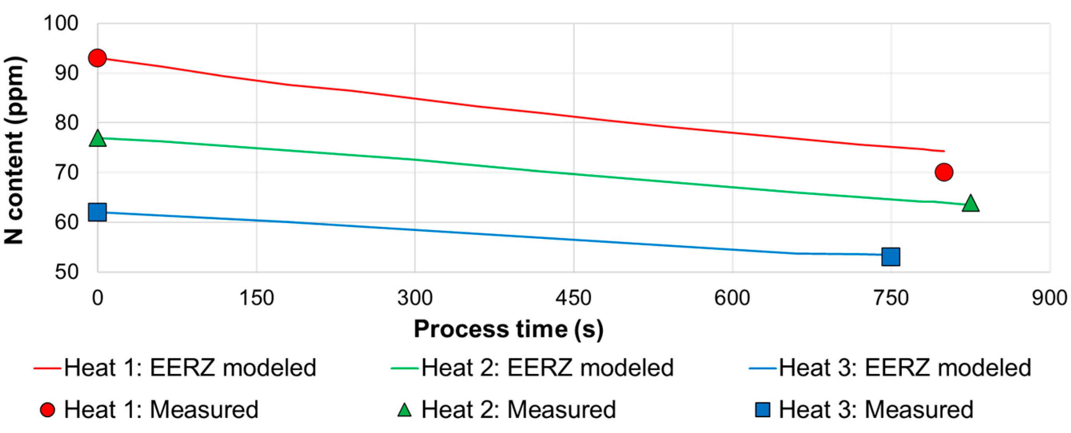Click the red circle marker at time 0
pyautogui.click(x=97, y=58)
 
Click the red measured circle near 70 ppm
pyautogui.click(x=944, y=172)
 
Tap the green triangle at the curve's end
pyautogui.click(x=970, y=204)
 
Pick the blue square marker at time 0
pyautogui.click(x=97, y=212)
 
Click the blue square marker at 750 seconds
pyautogui.click(x=891, y=257)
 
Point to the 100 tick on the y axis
pyautogui.click(x=61, y=24)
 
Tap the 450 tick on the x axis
pyautogui.click(x=573, y=298)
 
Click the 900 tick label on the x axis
pyautogui.click(x=1049, y=298)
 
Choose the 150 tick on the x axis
pyautogui.click(x=256, y=298)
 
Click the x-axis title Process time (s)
pyautogui.click(x=508, y=329)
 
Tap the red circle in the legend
pyautogui.click(x=48, y=410)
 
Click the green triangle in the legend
pyautogui.click(x=404, y=410)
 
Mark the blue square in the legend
pyautogui.click(x=762, y=410)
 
